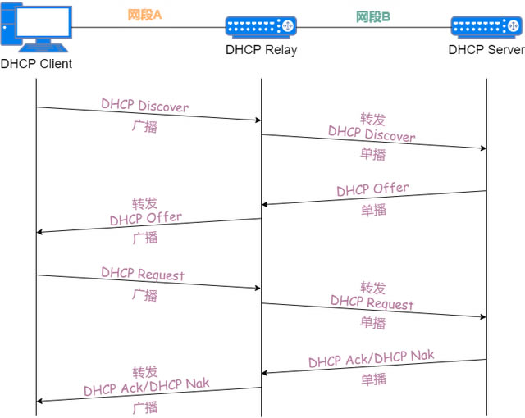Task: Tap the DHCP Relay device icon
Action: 261,26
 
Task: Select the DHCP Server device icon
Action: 486,26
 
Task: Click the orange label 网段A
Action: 144,15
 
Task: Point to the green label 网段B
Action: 373,16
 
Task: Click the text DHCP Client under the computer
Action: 36,63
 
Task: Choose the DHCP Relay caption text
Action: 261,49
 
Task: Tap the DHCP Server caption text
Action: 486,49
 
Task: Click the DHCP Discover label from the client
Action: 144,106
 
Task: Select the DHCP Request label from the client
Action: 143,275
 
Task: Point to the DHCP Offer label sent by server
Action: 372,189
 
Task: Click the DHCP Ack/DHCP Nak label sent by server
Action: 372,359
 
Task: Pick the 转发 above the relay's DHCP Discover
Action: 372,119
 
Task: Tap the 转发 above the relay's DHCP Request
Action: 372,288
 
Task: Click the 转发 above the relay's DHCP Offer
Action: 144,203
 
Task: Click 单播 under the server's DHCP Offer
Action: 373,210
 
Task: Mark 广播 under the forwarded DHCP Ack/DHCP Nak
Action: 144,407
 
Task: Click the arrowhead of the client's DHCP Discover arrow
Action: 258,120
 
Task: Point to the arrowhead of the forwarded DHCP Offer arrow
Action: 40,233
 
